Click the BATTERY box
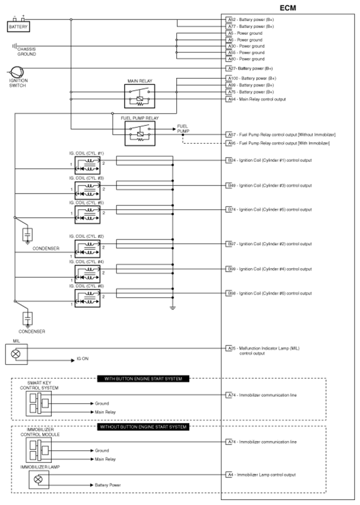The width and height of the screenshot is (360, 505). [x=18, y=26]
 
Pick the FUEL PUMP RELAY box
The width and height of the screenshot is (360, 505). [x=139, y=132]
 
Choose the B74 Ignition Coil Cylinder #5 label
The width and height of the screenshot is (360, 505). [x=269, y=209]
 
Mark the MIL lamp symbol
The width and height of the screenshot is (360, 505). [x=16, y=354]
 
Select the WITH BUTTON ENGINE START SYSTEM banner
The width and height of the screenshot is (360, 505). [x=143, y=378]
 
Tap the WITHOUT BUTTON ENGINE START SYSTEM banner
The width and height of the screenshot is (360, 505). [x=143, y=427]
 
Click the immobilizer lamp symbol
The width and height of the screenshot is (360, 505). [x=38, y=479]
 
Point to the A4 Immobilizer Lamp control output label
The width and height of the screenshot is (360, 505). [x=261, y=475]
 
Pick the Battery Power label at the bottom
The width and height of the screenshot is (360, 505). [x=108, y=485]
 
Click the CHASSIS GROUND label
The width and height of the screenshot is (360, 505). [x=26, y=51]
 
